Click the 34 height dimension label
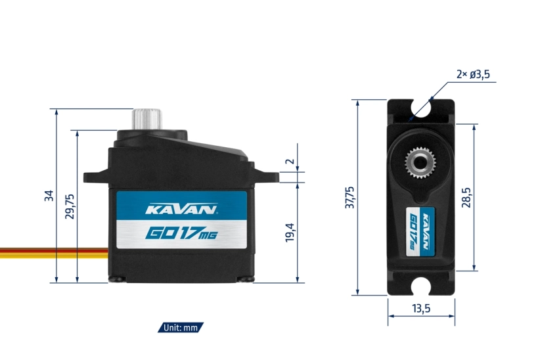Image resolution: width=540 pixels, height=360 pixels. pyautogui.click(x=49, y=196)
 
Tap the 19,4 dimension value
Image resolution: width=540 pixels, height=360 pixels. pyautogui.click(x=289, y=232)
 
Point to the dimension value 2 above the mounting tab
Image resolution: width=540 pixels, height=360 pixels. pyautogui.click(x=289, y=162)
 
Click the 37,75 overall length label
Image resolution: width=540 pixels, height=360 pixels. pyautogui.click(x=349, y=198)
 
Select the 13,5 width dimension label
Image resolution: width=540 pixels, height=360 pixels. pyautogui.click(x=420, y=309)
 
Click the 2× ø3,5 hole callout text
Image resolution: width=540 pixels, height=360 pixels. pyautogui.click(x=473, y=75)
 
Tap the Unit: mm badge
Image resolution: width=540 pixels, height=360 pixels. pyautogui.click(x=181, y=327)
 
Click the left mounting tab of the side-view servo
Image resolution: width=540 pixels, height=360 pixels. pyautogui.click(x=96, y=175)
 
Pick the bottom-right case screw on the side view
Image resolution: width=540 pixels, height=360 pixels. pyautogui.click(x=246, y=279)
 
